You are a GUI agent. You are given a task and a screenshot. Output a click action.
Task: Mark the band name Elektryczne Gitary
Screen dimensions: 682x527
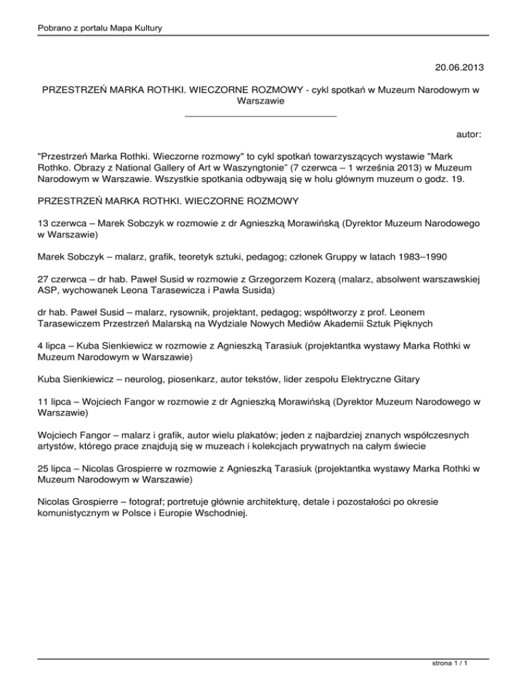407,379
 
